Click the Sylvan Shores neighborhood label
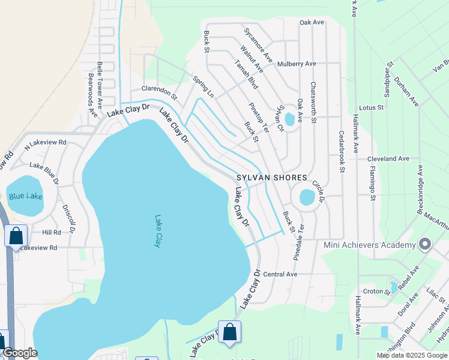click(271, 178)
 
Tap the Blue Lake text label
click(24, 196)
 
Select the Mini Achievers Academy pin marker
click(425, 244)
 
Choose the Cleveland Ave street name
click(388, 159)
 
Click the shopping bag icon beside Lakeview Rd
click(16, 236)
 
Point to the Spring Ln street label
click(203, 86)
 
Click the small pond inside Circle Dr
click(306, 197)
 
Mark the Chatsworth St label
click(313, 102)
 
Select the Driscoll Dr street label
click(68, 218)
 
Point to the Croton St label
click(376, 291)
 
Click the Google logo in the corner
click(19, 353)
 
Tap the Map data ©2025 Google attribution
click(412, 355)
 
